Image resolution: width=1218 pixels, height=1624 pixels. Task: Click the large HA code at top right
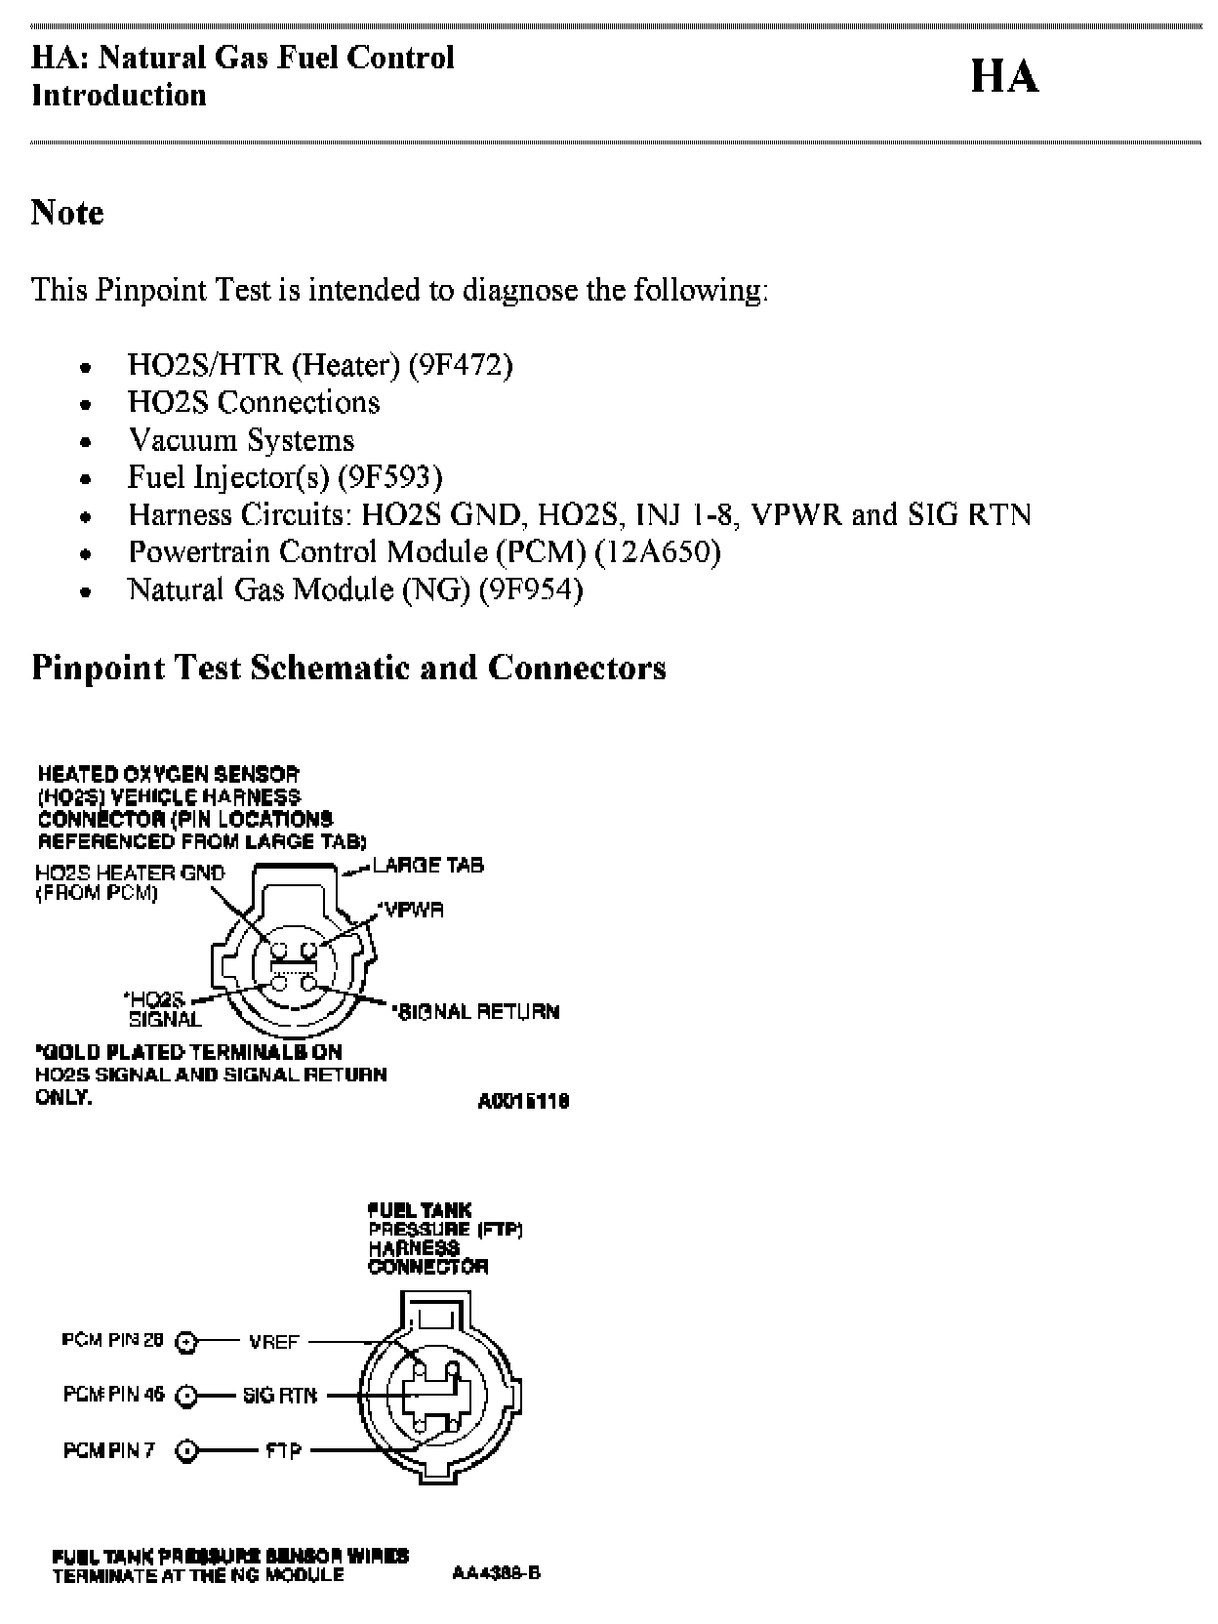click(x=1004, y=77)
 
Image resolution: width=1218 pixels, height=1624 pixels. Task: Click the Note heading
click(x=67, y=212)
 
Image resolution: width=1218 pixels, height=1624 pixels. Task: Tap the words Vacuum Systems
click(x=241, y=440)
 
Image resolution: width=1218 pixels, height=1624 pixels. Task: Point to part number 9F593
click(x=389, y=477)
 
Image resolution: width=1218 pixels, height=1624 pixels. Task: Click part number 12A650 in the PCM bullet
click(x=658, y=552)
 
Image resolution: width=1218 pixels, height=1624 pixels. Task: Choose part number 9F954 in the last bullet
click(x=530, y=589)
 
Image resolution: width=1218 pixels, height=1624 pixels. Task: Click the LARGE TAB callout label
click(x=427, y=865)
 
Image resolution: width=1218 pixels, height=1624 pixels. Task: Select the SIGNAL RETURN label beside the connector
click(x=476, y=1012)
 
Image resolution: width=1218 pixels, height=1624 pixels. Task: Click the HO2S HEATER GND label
click(x=130, y=873)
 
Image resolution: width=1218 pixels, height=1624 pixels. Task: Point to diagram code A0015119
click(x=523, y=1102)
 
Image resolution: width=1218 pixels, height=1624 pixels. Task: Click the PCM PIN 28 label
click(x=112, y=1340)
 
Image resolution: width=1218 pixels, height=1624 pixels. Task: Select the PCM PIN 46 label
click(x=114, y=1395)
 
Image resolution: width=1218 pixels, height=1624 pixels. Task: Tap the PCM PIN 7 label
click(x=108, y=1450)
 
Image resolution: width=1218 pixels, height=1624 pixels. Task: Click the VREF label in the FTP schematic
click(x=273, y=1342)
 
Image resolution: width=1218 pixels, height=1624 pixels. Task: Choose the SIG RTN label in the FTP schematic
click(x=279, y=1397)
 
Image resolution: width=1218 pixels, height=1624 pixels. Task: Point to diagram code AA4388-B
click(x=496, y=1573)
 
